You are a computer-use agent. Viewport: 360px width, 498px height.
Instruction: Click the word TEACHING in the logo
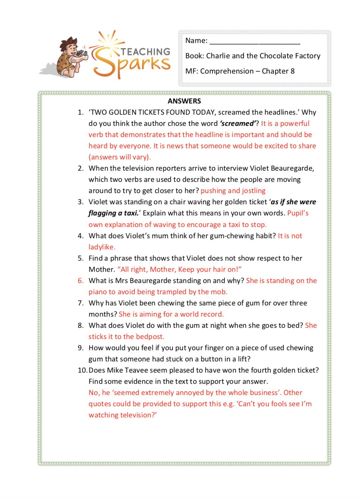click(x=145, y=52)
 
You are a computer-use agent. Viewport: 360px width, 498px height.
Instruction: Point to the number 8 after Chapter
click(x=292, y=71)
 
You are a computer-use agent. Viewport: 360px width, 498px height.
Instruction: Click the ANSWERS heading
click(x=184, y=101)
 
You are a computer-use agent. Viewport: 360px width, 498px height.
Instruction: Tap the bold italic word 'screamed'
click(x=238, y=124)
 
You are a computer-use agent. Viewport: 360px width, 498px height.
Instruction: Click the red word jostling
click(x=254, y=191)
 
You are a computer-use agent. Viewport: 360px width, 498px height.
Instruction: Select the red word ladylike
click(x=101, y=247)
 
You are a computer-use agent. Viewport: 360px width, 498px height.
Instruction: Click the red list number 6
click(x=80, y=281)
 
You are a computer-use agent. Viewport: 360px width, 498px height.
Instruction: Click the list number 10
click(x=82, y=370)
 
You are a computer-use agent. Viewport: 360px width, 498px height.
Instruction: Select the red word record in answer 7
click(x=212, y=314)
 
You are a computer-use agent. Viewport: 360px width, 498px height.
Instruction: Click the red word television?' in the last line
click(x=138, y=415)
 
